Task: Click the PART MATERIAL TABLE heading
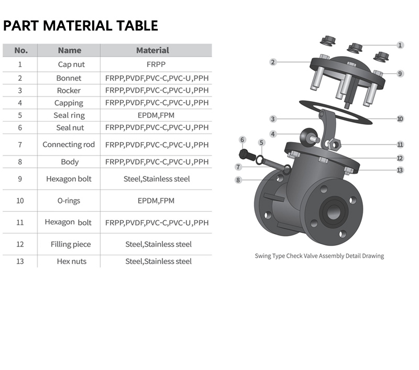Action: [x=80, y=26]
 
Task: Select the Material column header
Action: [x=152, y=50]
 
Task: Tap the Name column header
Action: [x=69, y=50]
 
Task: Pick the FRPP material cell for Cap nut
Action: [x=156, y=65]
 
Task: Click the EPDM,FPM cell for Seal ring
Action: [x=156, y=115]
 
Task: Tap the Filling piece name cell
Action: [x=70, y=244]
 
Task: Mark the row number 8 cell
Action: [x=20, y=162]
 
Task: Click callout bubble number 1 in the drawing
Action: [x=400, y=45]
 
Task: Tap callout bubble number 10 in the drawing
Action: [x=400, y=119]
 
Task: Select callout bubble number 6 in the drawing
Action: [x=242, y=140]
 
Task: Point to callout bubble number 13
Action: [x=400, y=170]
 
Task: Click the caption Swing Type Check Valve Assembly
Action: [x=319, y=256]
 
